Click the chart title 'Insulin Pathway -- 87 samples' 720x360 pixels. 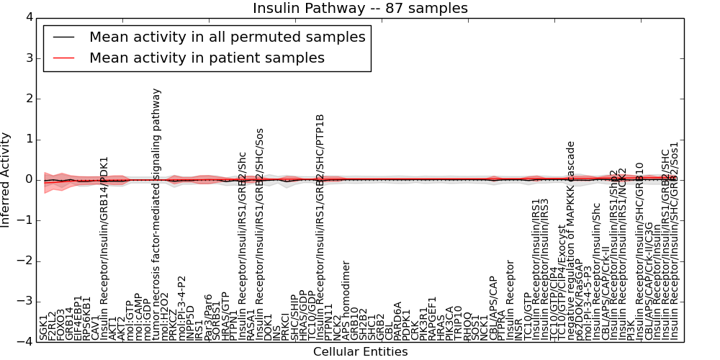pyautogui.click(x=360, y=8)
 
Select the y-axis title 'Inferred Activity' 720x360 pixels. pyautogui.click(x=6, y=179)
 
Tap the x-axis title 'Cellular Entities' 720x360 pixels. pyautogui.click(x=360, y=352)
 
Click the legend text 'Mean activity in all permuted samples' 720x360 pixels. pyautogui.click(x=227, y=37)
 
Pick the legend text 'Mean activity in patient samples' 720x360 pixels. pyautogui.click(x=207, y=58)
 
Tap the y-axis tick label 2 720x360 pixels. pyautogui.click(x=27, y=98)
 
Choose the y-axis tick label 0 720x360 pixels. pyautogui.click(x=27, y=179)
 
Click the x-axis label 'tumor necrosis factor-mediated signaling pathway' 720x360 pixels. pyautogui.click(x=156, y=214)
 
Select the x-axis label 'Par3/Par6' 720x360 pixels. pyautogui.click(x=208, y=317)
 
